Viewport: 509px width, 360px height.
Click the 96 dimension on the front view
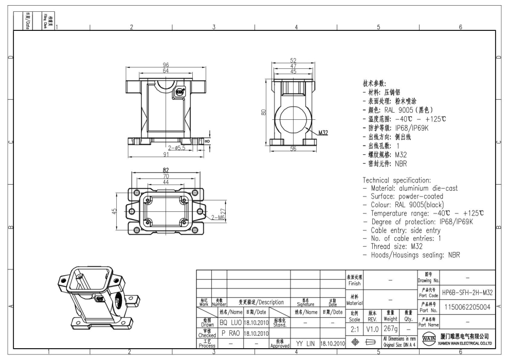click(166, 65)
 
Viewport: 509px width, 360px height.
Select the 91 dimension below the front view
click(166, 154)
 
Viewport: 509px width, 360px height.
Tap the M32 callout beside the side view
click(323, 133)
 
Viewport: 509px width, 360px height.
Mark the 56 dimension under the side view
click(293, 149)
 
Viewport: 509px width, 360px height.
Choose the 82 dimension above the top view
click(166, 170)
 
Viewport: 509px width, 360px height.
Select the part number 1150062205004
click(467, 308)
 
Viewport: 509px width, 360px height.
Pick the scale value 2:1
click(354, 328)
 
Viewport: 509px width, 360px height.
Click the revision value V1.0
click(372, 328)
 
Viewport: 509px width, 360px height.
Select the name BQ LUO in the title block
click(230, 322)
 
